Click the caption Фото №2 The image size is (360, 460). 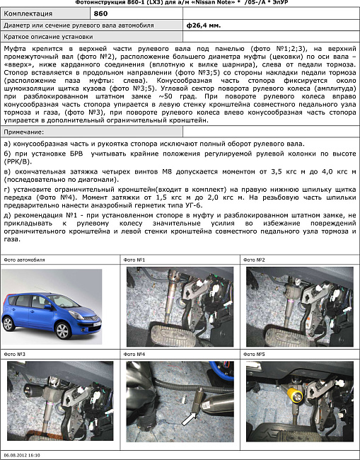[255, 260]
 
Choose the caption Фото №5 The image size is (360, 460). [255, 354]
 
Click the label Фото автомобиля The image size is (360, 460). [24, 260]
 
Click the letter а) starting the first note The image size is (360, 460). [7, 144]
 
